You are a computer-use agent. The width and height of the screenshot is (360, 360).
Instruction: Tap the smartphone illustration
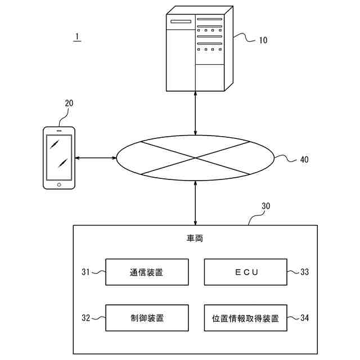coord(58,158)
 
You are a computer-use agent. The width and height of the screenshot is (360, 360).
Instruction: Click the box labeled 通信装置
coord(147,272)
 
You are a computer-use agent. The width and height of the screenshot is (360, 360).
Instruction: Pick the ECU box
coord(245,272)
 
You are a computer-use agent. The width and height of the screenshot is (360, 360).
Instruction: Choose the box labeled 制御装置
coord(147,318)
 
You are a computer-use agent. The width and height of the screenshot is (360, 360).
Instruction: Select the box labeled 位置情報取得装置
coord(245,318)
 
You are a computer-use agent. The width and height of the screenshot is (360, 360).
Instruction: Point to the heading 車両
coord(195,239)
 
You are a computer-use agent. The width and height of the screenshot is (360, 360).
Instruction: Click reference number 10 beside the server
coord(263,40)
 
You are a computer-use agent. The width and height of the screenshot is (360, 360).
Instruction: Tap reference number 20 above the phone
coord(69,103)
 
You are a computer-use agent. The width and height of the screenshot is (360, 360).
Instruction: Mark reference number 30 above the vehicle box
coord(265,206)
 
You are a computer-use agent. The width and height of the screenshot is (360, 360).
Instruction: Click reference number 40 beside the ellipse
coord(304,159)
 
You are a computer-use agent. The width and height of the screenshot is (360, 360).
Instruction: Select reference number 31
coord(85,272)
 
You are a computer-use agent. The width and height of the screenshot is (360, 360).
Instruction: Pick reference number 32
coord(85,318)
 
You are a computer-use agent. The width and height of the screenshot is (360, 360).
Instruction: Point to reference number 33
coord(304,272)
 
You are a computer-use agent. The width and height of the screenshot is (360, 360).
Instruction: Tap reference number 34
coord(304,318)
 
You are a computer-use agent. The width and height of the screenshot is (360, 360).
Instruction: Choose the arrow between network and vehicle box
coord(195,203)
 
